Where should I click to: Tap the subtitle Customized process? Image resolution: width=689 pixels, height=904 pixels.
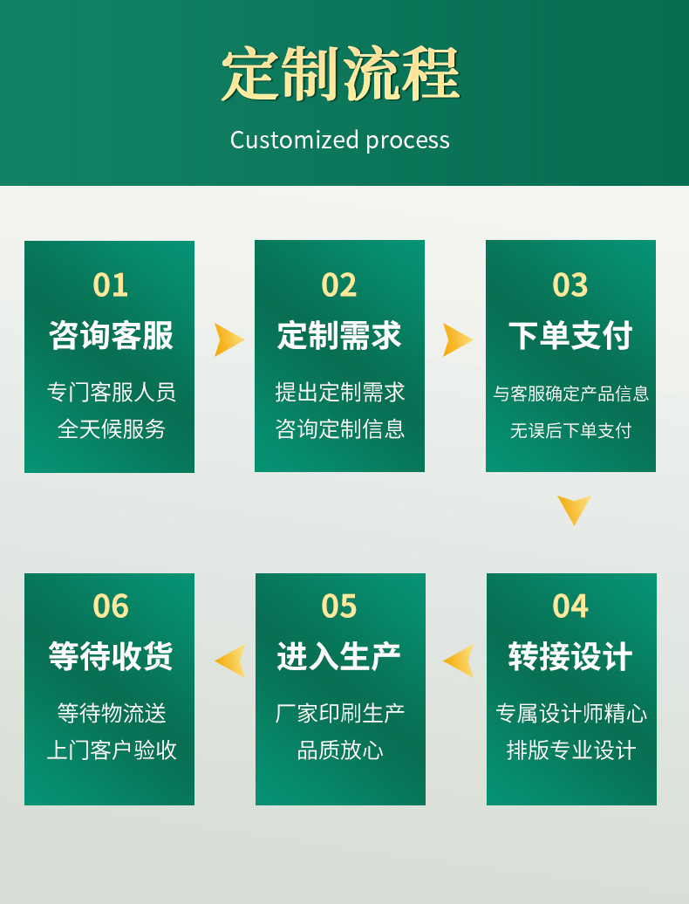[x=340, y=140]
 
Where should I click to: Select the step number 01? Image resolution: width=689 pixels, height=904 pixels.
[x=110, y=285]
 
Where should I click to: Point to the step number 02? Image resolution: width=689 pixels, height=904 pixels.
[x=339, y=285]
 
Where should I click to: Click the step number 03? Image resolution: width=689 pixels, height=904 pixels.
[x=570, y=285]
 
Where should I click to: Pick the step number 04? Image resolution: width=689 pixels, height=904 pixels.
[x=570, y=606]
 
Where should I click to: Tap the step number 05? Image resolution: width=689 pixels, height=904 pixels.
[x=339, y=606]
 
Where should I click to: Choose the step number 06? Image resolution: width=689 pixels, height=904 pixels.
[x=110, y=606]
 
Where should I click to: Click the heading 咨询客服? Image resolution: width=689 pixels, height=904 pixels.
[x=111, y=336]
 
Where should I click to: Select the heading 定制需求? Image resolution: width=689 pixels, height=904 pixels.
[x=339, y=336]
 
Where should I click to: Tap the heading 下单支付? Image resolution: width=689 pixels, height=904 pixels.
[x=570, y=336]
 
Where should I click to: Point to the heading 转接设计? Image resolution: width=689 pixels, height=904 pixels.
[x=570, y=657]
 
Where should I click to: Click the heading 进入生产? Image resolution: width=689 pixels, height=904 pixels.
[x=339, y=657]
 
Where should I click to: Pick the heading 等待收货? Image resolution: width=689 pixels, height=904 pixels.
[x=111, y=657]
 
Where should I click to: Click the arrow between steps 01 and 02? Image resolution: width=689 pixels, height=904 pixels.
[x=229, y=339]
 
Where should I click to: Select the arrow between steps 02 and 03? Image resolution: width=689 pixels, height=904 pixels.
[x=457, y=339]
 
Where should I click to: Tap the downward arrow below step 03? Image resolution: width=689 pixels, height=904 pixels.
[x=574, y=510]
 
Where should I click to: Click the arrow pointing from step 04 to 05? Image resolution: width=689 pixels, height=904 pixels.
[x=459, y=661]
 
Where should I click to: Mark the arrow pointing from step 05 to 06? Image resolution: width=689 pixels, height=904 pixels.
[x=229, y=661]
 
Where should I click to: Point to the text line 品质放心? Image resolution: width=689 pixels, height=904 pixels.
[x=340, y=750]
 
